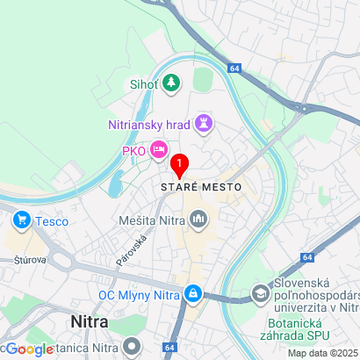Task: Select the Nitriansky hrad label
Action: [148, 125]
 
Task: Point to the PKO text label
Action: [133, 150]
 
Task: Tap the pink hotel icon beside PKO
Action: [159, 149]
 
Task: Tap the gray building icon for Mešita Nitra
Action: [198, 218]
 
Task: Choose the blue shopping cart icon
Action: [18, 220]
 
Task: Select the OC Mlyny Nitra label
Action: [138, 294]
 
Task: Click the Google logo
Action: [28, 349]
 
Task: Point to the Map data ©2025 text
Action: [322, 353]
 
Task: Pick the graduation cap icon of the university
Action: [262, 293]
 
